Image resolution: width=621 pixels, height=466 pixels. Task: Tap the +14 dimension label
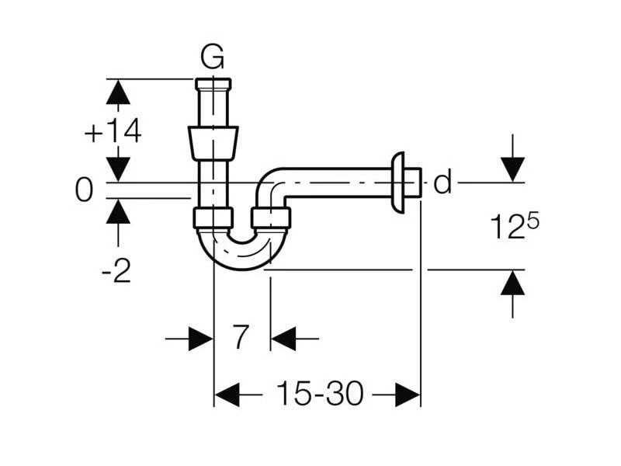pyautogui.click(x=113, y=132)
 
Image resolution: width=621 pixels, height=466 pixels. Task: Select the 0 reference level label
pyautogui.click(x=84, y=190)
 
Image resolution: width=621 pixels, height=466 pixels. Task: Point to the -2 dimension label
pyautogui.click(x=116, y=271)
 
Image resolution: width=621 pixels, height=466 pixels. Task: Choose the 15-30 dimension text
pyautogui.click(x=318, y=395)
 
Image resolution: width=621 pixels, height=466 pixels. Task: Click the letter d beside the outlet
pyautogui.click(x=442, y=183)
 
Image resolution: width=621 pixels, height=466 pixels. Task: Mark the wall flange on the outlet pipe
pyautogui.click(x=399, y=183)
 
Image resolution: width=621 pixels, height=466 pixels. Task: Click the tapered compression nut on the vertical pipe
pyautogui.click(x=213, y=144)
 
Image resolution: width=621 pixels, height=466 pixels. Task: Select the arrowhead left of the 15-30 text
pyautogui.click(x=227, y=395)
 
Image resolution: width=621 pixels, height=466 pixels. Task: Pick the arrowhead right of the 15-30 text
pyautogui.click(x=408, y=395)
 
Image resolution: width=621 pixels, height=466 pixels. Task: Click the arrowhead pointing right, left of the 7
pyautogui.click(x=200, y=339)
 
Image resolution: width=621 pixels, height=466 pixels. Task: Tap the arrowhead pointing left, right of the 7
pyautogui.click(x=283, y=339)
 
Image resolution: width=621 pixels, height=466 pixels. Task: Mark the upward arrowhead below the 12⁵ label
pyautogui.click(x=512, y=283)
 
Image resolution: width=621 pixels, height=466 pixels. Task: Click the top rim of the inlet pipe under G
pyautogui.click(x=213, y=82)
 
